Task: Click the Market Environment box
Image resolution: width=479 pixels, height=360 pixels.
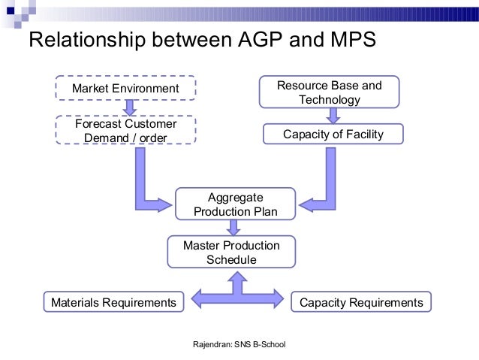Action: tap(125, 89)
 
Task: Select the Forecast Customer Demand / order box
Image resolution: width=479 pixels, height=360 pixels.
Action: tap(125, 130)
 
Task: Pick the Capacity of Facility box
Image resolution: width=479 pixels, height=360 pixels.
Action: tap(333, 135)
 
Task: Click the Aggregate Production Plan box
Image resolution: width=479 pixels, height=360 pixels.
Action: tap(236, 204)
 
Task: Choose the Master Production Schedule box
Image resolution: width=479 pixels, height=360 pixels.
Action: tap(231, 253)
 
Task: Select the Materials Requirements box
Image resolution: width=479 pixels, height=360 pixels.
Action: tap(113, 302)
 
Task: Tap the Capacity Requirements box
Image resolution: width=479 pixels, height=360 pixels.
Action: tap(361, 302)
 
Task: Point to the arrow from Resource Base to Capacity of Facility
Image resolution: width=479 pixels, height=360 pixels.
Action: tap(330, 115)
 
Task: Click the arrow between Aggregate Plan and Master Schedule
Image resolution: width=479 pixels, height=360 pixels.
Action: tap(235, 228)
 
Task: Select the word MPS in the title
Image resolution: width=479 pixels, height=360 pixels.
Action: tap(342, 40)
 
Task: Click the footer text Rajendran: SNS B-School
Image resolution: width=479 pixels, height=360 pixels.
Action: tap(239, 344)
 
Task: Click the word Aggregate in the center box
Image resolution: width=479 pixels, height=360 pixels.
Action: tap(235, 197)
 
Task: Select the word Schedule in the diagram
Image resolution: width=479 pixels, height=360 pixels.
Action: tap(231, 260)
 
